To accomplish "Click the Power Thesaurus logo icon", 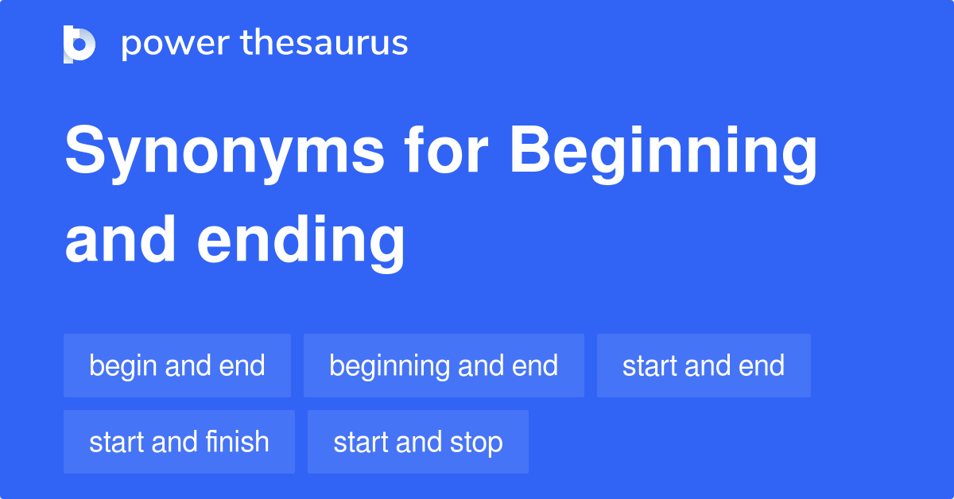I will click(79, 44).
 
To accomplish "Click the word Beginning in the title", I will click(663, 153).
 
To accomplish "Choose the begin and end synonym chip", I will click(177, 366).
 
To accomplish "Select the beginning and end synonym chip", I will click(444, 366).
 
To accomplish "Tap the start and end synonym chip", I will click(704, 366).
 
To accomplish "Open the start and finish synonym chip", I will click(179, 442).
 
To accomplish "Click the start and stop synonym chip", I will click(418, 442).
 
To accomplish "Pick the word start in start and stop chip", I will click(359, 443).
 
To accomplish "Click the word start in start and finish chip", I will click(115, 443).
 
